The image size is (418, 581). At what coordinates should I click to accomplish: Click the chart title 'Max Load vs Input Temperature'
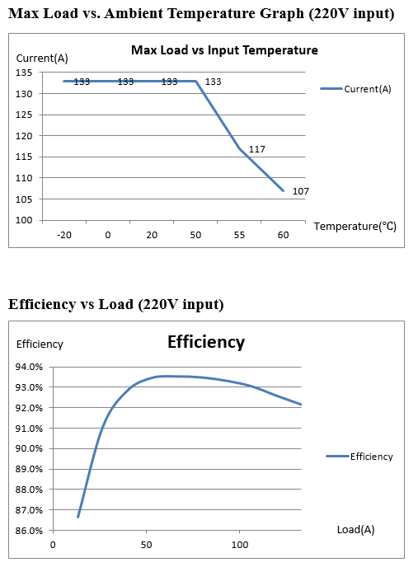click(x=224, y=50)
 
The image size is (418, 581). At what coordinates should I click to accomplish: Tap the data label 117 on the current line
click(x=256, y=149)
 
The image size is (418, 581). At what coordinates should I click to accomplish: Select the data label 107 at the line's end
click(x=301, y=191)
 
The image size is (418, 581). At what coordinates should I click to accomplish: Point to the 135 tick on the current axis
click(x=24, y=73)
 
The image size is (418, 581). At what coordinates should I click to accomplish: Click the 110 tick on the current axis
click(x=24, y=178)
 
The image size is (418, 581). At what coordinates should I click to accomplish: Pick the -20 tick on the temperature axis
click(x=64, y=235)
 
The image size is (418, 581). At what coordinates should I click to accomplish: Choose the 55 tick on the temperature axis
click(x=239, y=235)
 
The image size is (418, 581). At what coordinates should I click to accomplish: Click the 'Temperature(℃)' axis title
click(x=355, y=226)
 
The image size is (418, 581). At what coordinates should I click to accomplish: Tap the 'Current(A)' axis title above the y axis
click(x=42, y=59)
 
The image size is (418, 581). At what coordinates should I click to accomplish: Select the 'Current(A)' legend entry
click(x=355, y=89)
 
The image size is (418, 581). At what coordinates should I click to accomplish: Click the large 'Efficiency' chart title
click(x=206, y=342)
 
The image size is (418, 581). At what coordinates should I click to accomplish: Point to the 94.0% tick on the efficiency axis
click(x=29, y=368)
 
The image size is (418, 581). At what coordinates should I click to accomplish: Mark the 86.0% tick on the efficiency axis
click(x=29, y=531)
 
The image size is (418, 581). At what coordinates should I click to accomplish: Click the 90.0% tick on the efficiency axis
click(x=29, y=448)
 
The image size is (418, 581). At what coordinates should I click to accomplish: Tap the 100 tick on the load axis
click(x=240, y=545)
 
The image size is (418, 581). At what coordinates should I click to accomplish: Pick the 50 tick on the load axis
click(x=147, y=545)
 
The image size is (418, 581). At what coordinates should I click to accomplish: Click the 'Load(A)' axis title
click(x=355, y=530)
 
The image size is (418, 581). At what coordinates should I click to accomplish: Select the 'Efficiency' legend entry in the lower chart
click(x=359, y=457)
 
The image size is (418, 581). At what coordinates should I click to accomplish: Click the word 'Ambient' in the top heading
click(x=134, y=14)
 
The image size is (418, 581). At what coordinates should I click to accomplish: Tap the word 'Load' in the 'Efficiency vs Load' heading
click(x=116, y=305)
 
